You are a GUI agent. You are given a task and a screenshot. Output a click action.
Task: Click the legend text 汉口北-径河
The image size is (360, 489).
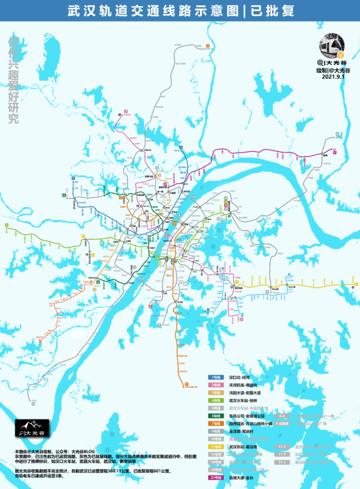click(x=239, y=377)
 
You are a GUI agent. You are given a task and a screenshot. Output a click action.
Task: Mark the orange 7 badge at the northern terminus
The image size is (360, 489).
click(x=208, y=45)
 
